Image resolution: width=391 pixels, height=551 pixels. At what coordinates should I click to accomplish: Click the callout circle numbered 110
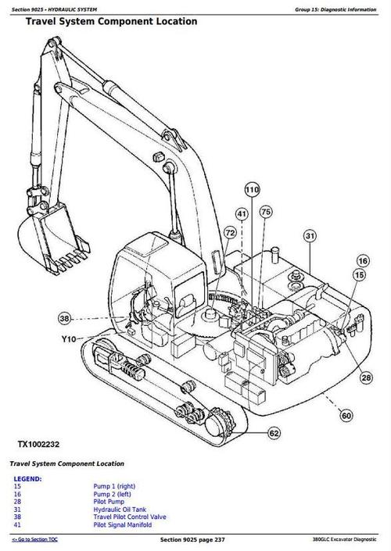point(251,189)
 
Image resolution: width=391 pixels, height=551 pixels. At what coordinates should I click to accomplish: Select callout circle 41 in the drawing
point(242,213)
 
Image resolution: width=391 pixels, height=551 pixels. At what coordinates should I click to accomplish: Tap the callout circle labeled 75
point(266,213)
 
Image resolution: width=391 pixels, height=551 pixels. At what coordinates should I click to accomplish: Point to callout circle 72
point(230,232)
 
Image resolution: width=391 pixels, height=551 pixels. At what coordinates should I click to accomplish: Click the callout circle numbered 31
point(310,236)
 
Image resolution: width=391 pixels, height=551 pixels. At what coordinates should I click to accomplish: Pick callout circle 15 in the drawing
point(359,275)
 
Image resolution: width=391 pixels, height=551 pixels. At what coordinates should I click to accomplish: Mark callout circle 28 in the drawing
point(366,378)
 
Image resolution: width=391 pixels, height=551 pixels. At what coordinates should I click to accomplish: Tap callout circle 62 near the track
point(274,432)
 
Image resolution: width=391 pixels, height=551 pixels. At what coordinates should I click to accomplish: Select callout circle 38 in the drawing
point(64,318)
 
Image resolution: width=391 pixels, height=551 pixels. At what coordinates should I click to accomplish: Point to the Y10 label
point(69,339)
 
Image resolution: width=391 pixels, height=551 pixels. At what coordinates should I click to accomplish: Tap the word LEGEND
point(28,479)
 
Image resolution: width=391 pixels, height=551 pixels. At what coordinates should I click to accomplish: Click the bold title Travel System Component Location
point(111,21)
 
